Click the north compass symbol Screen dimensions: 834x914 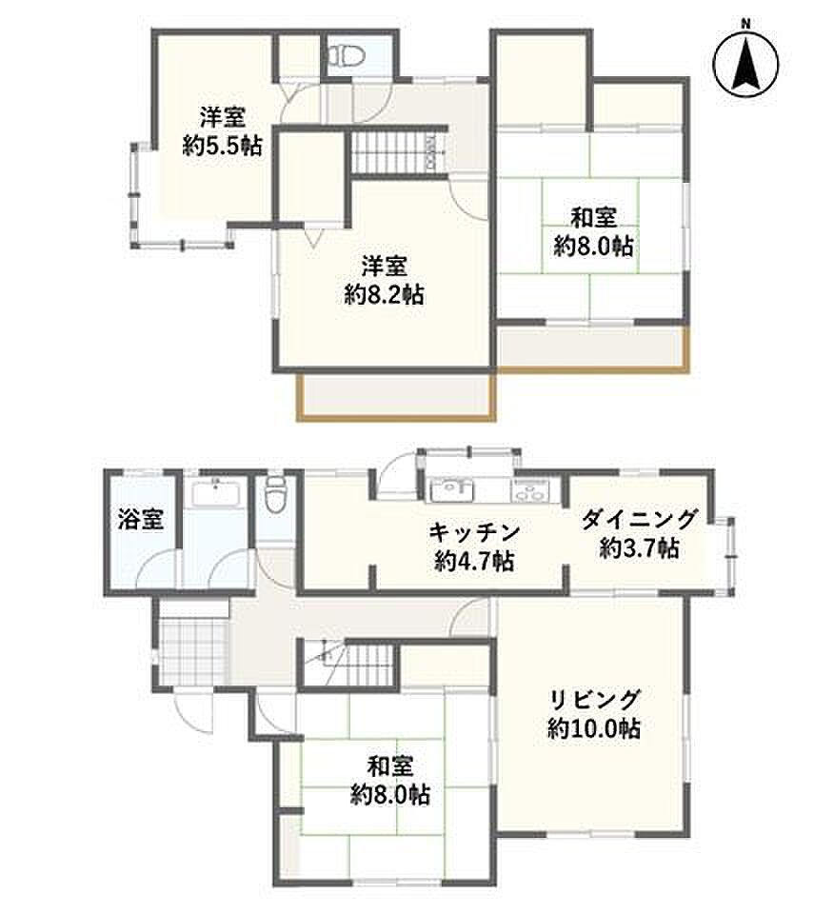pos(746,63)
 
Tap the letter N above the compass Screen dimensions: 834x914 pos(745,24)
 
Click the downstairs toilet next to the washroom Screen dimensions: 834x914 pos(274,494)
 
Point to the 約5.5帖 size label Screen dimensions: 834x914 pos(222,145)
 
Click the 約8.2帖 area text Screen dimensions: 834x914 pos(384,295)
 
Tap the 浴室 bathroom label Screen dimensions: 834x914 pos(141,518)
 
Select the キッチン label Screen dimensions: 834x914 pos(474,532)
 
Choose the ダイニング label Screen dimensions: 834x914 pos(640,518)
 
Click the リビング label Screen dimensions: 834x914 pos(595,699)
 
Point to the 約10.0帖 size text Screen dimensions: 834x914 pos(594,728)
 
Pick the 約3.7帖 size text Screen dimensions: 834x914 pos(640,548)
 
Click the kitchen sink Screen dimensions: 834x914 pos(452,489)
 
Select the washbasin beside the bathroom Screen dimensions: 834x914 pos(215,494)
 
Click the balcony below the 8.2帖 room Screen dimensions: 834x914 pos(396,396)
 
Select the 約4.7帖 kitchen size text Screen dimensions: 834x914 pos(474,562)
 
